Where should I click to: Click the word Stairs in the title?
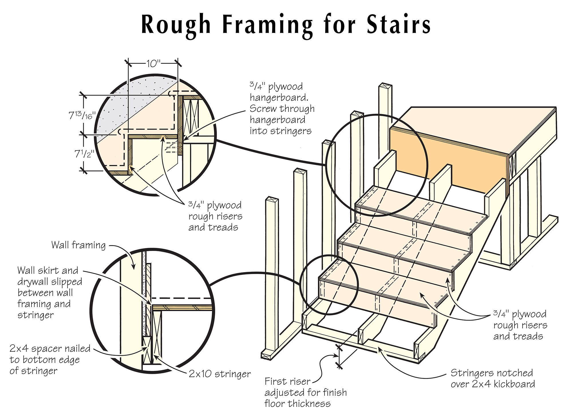(x=398, y=25)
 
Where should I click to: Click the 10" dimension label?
(x=153, y=63)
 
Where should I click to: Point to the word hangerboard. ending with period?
(x=279, y=98)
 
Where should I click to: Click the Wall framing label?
(x=78, y=245)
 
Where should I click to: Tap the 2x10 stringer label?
(x=219, y=374)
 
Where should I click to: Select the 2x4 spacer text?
(x=50, y=349)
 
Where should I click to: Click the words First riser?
(x=287, y=381)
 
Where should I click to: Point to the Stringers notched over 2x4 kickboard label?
(x=492, y=378)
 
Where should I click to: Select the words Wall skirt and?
(x=47, y=270)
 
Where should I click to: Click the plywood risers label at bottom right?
(x=520, y=325)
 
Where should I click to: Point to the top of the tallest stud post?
(x=385, y=85)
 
